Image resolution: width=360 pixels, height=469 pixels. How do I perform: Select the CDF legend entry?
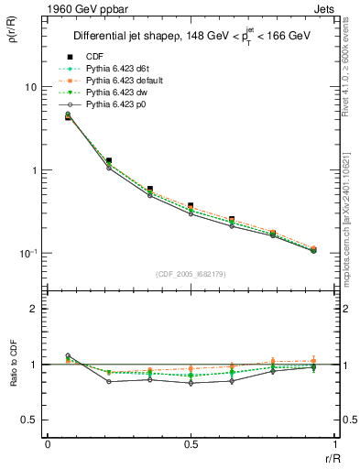pos(94,57)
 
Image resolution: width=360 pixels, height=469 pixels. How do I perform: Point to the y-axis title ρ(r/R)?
pos(13,38)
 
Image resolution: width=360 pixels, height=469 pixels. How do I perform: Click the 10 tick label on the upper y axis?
pos(30,87)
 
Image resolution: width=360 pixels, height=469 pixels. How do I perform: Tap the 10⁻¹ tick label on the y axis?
pos(28,254)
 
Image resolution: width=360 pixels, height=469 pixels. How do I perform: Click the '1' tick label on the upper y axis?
pos(34,170)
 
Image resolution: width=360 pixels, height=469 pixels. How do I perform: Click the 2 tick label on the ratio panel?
pos(34,309)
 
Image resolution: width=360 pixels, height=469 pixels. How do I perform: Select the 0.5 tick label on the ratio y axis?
pos(29,420)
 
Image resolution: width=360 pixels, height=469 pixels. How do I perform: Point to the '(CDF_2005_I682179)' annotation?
pos(190,274)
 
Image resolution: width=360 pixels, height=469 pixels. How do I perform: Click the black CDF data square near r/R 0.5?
pos(190,206)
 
